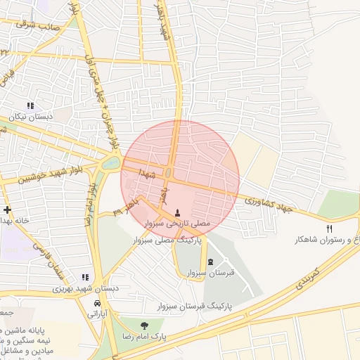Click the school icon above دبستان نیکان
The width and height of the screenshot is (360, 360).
30,105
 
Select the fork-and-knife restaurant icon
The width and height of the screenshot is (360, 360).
329,229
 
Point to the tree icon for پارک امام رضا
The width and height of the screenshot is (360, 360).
143,326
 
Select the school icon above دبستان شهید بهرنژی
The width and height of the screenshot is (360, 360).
86,278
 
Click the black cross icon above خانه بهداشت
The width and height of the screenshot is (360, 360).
7,210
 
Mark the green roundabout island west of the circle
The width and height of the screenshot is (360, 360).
110,164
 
